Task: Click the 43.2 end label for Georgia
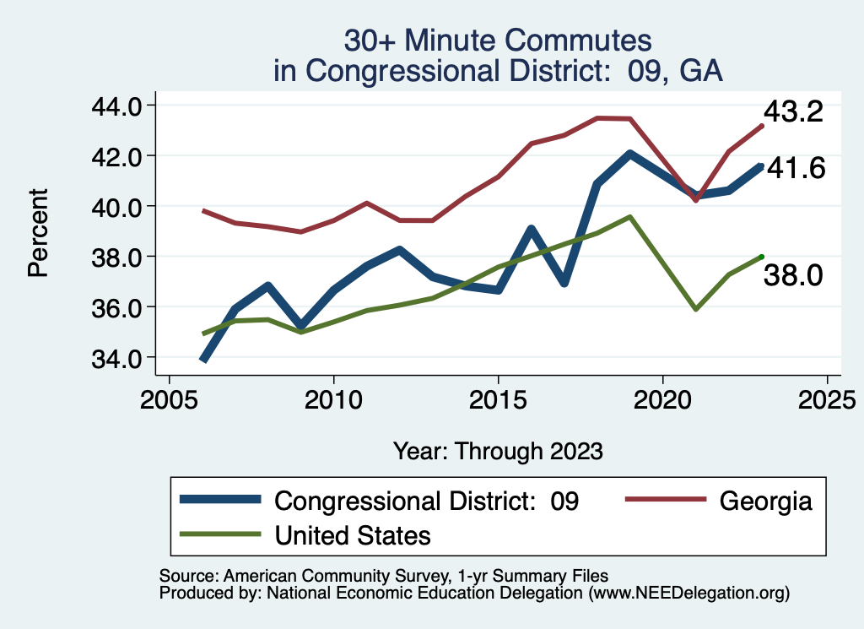coord(792,112)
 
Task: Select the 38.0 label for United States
coord(792,274)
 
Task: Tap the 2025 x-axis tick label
coord(827,397)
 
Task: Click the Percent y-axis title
coord(37,232)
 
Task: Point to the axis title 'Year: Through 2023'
coord(498,451)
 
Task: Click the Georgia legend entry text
coord(765,501)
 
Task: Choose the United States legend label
coord(353,534)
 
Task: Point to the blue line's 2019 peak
coord(629,154)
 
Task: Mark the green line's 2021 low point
coord(695,310)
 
